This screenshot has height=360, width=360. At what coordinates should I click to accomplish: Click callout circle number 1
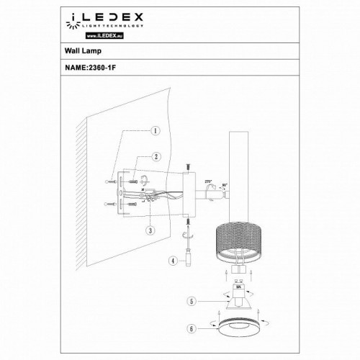click(x=154, y=132)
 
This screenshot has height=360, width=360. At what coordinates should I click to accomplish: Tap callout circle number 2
click(x=154, y=156)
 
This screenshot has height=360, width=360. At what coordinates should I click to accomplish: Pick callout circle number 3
click(x=148, y=230)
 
